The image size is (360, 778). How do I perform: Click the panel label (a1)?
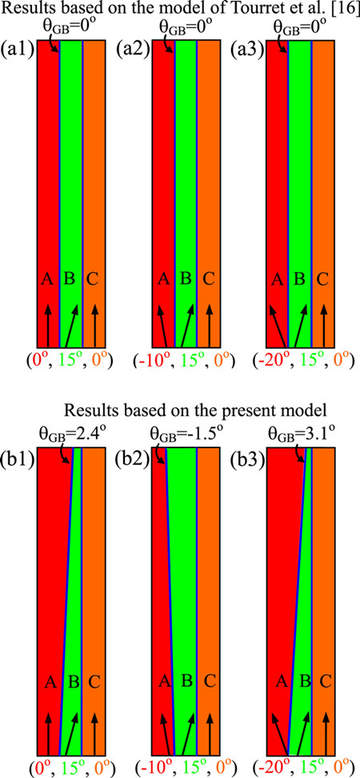click(x=17, y=50)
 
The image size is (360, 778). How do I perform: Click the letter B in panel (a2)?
click(x=186, y=279)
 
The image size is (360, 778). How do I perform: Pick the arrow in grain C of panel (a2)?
click(x=210, y=325)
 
